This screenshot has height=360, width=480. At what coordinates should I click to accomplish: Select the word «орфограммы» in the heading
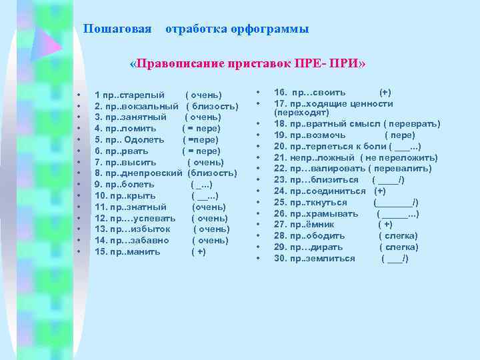point(270,29)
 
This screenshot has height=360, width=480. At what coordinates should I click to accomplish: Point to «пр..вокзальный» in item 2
point(141,107)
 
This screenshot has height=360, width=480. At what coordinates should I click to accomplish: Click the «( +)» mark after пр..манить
point(199,252)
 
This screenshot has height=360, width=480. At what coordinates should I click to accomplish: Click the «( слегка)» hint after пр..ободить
point(399,236)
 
